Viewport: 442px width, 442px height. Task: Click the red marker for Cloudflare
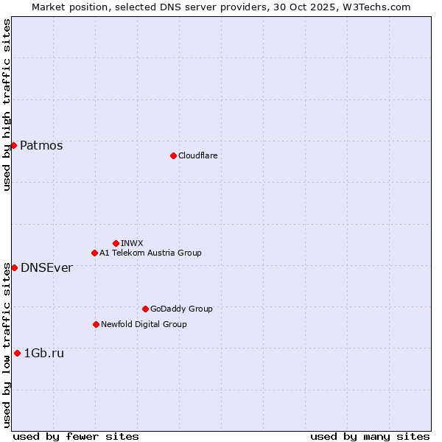[x=173, y=155]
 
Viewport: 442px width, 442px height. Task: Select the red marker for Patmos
[x=13, y=145]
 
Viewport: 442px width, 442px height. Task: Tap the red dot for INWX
[x=116, y=243]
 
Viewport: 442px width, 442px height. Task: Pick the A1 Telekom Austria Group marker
[x=94, y=253]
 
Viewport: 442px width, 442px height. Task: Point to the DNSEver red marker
[x=14, y=267]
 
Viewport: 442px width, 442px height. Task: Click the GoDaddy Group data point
[x=145, y=309]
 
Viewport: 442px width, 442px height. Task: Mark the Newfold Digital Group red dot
[x=96, y=324]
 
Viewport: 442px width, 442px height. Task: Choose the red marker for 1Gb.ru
[x=17, y=353]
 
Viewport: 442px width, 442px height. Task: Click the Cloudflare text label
[x=197, y=155]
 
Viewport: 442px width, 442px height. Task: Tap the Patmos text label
[x=41, y=145]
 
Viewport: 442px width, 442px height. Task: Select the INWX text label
[x=132, y=243]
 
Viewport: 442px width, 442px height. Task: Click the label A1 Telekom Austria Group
[x=150, y=253]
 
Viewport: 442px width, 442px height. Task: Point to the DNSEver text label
[x=46, y=267]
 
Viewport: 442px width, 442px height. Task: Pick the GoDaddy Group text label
[x=181, y=309]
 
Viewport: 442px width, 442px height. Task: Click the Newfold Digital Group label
[x=144, y=324]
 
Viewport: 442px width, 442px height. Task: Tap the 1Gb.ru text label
[x=44, y=353]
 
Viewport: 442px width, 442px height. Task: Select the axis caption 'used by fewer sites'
[x=76, y=436]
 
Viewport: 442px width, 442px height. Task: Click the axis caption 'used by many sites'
[x=370, y=436]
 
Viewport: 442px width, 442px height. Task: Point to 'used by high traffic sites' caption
[x=7, y=105]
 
